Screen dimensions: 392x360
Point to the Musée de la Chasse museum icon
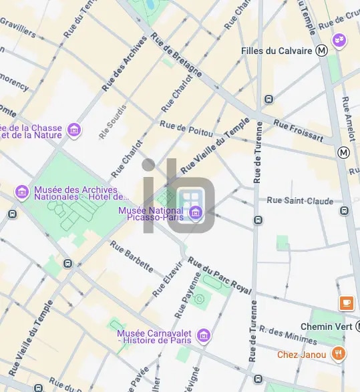74,130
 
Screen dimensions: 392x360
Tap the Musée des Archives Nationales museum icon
22,192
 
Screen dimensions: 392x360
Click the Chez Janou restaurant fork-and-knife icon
339,354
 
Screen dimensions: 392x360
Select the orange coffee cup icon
346,303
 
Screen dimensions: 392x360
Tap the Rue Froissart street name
299,132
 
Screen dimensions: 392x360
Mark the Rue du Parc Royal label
220,276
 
